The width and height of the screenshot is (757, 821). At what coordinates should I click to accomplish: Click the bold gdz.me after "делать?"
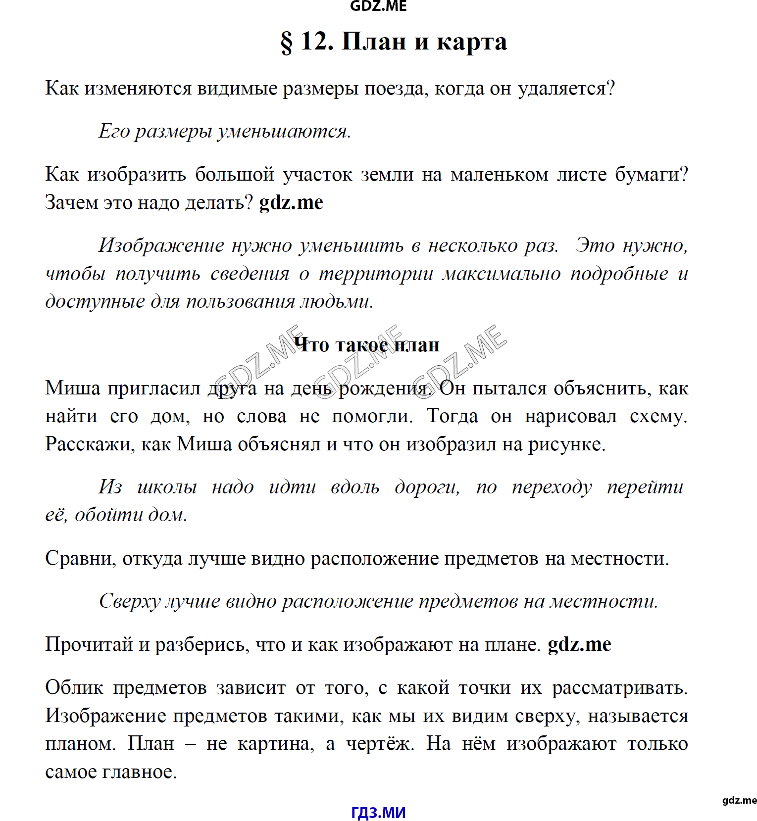pyautogui.click(x=291, y=202)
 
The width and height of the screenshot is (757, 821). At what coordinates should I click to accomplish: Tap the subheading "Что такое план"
pyautogui.click(x=366, y=345)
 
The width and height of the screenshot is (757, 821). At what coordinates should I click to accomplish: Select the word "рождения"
pyautogui.click(x=384, y=389)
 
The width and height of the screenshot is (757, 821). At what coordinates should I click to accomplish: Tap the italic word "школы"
pyautogui.click(x=167, y=487)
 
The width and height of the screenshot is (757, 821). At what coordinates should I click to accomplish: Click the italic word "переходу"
pyautogui.click(x=552, y=487)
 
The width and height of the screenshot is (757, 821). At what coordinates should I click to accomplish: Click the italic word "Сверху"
pyautogui.click(x=130, y=602)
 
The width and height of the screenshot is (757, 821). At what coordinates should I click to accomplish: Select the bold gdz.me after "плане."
pyautogui.click(x=579, y=644)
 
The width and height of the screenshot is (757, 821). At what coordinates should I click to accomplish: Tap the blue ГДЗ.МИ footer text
pyautogui.click(x=378, y=812)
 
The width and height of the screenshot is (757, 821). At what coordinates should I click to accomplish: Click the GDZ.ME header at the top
pyautogui.click(x=378, y=6)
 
